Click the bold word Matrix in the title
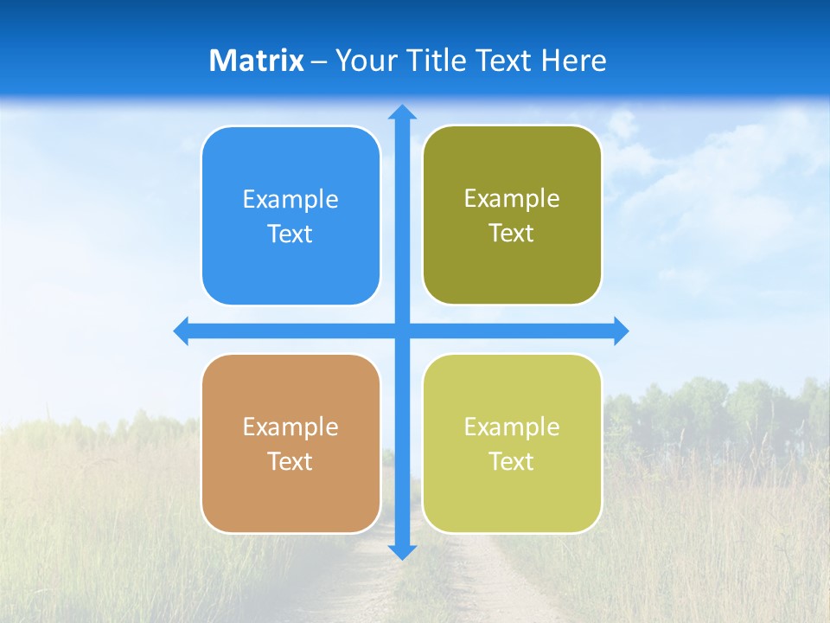coord(256,61)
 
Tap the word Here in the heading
coord(573,61)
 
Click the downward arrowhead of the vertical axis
coord(402,551)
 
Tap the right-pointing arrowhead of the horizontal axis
coord(620,331)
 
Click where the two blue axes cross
coord(402,331)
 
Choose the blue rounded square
coord(290,268)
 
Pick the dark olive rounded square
coord(512,268)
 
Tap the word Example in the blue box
coord(290,200)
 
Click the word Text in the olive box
coord(512,234)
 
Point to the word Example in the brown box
coord(290,427)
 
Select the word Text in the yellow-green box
coord(512,462)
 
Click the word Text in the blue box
coord(290,234)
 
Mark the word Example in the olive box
coord(512,199)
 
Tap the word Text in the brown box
coord(290,462)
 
